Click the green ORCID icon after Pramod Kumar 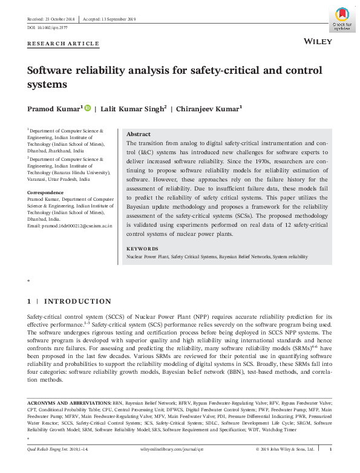87,109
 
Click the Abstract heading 139,134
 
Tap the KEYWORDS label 142,249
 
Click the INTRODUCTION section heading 78,301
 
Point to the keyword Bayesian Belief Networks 244,257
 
